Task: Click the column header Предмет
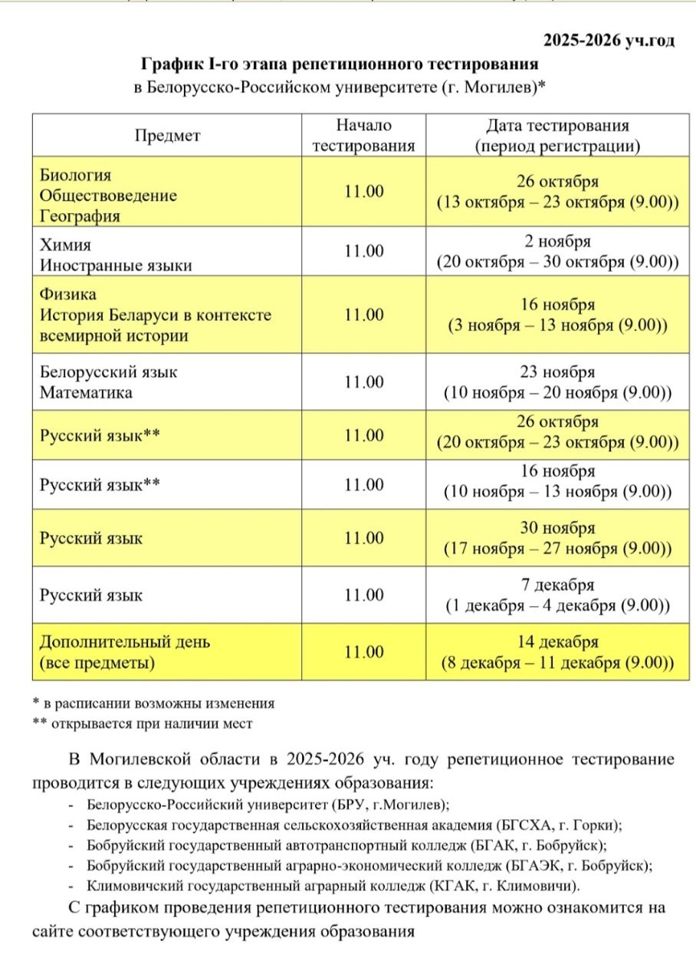point(167,136)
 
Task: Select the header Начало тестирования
point(364,135)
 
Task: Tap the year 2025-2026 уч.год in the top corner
point(609,41)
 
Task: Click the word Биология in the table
point(76,175)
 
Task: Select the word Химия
point(66,245)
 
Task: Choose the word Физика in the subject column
point(68,294)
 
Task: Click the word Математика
point(86,392)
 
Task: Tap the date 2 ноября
point(557,241)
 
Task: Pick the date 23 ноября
point(557,372)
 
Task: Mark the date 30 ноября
point(557,529)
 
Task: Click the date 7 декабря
point(557,585)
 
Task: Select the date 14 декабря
point(557,642)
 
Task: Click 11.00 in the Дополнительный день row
point(364,652)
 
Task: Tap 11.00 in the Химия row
point(364,251)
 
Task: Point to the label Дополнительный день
point(124,641)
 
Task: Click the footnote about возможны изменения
point(153,703)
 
